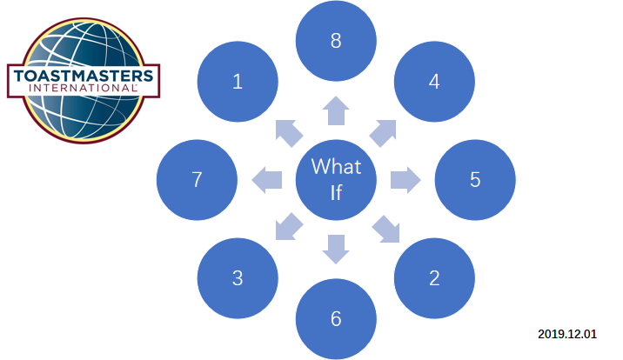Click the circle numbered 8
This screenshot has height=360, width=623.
336,40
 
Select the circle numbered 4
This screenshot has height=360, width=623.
434,82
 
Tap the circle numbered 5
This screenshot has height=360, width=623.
475,180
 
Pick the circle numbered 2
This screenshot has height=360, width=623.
434,278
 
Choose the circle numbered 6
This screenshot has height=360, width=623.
336,319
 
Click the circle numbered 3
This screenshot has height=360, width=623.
238,278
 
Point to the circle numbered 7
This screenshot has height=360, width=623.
197,180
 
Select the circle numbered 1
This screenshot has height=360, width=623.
238,82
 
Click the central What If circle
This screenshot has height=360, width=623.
336,179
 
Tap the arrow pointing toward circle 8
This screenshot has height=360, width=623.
336,110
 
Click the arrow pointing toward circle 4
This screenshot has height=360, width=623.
384,131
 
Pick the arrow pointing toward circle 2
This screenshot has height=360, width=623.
385,229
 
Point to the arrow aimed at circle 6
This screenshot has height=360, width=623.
336,250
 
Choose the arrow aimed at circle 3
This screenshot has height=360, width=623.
288,228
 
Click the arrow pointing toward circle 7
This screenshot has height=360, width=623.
266,180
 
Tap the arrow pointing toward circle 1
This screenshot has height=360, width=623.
288,131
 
